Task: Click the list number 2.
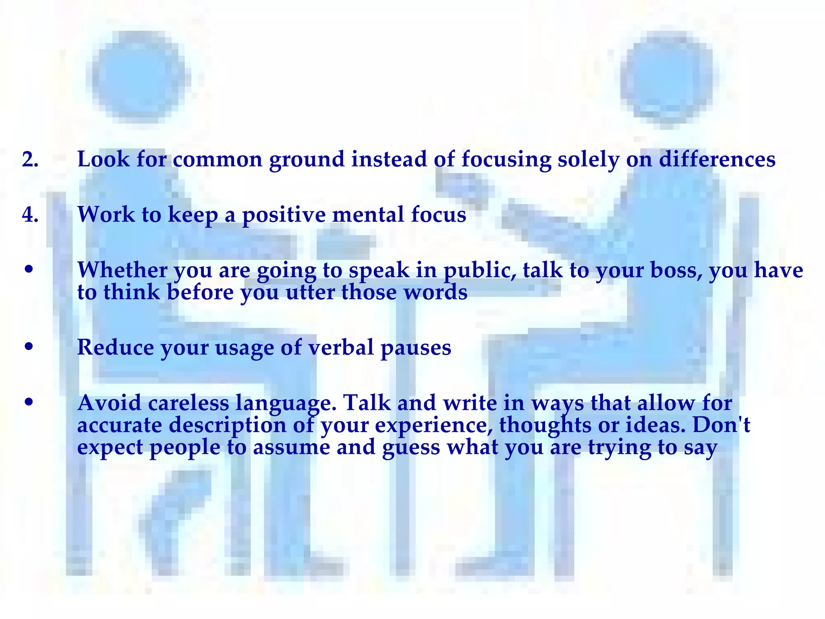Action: click(30, 160)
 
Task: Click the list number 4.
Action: click(30, 215)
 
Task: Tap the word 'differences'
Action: click(717, 159)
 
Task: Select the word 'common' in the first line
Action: click(218, 160)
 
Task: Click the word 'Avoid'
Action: click(109, 403)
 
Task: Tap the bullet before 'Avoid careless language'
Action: click(28, 402)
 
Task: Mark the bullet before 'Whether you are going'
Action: click(28, 269)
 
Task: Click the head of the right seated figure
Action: click(667, 77)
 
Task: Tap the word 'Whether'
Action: click(122, 270)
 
